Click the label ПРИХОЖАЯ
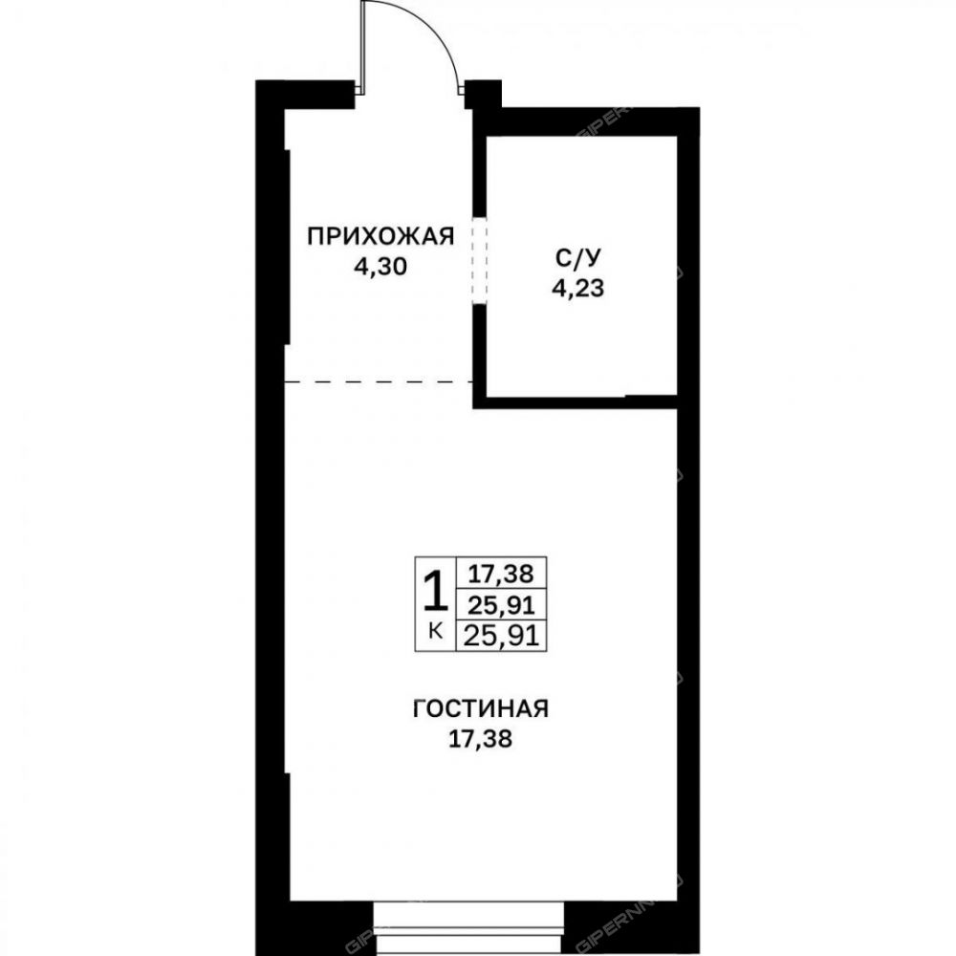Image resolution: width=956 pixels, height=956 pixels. (380, 236)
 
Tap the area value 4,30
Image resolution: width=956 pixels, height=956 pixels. (380, 267)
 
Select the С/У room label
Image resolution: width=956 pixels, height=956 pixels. (577, 257)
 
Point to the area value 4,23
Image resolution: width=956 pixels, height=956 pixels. (577, 288)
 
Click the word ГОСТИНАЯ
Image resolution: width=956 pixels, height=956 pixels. (481, 709)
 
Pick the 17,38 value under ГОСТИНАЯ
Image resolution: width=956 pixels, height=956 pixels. (481, 740)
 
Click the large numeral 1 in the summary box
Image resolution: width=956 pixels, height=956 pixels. (435, 592)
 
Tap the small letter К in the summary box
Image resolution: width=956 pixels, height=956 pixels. (435, 631)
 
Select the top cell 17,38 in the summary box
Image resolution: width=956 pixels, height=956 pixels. (501, 574)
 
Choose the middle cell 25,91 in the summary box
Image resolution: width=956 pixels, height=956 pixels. (501, 605)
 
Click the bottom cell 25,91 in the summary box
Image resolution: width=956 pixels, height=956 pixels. (501, 637)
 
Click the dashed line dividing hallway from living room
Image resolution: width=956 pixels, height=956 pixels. (380, 382)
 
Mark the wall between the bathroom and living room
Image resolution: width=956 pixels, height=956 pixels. (576, 402)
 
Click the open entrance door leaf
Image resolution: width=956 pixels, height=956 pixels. (362, 47)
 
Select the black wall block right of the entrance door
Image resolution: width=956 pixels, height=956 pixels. (483, 94)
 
